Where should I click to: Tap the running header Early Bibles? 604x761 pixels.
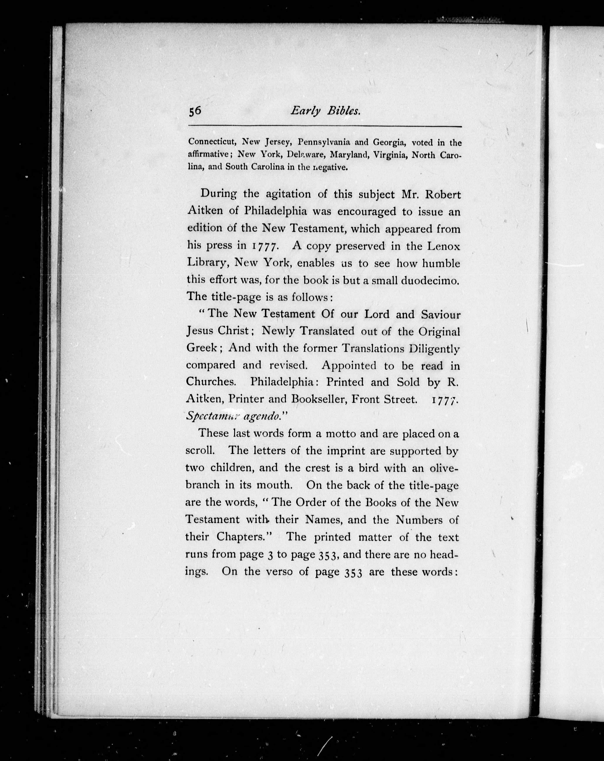click(325, 111)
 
